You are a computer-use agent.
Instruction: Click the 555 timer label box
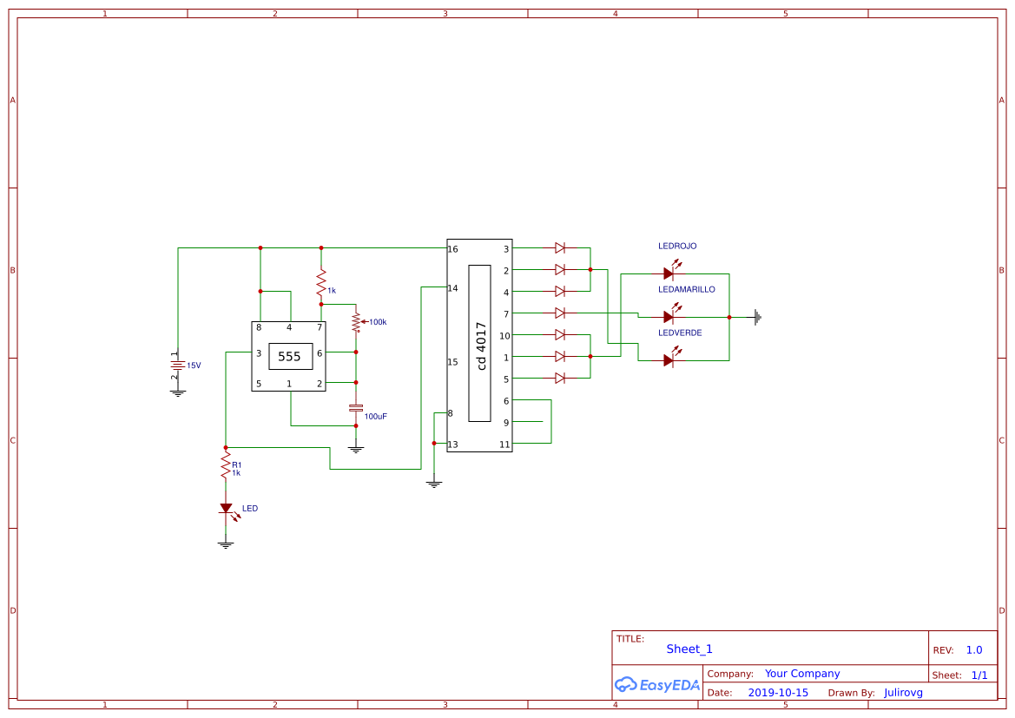coord(289,356)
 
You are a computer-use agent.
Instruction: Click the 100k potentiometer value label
coord(377,322)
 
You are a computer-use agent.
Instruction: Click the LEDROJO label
coord(677,247)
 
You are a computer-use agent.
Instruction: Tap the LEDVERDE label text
coord(680,333)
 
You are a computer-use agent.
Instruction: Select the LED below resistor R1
coord(226,509)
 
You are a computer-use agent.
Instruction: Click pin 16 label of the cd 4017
coord(452,249)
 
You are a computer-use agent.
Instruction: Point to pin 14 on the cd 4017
coord(452,288)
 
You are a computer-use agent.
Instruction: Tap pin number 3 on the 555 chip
coord(259,353)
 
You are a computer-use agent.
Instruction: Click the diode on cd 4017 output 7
coord(560,313)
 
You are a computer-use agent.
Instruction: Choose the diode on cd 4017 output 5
coord(560,378)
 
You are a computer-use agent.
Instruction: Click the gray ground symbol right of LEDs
coord(758,317)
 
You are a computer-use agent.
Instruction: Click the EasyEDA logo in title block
coord(657,684)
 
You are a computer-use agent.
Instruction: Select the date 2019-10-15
coord(778,693)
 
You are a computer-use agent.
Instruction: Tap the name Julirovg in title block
coord(903,693)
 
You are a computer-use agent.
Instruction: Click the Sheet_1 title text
coord(689,649)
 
